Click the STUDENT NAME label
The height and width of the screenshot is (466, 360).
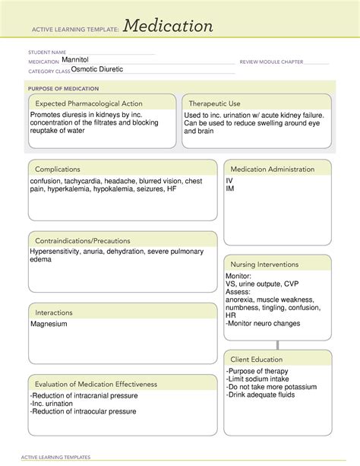(x=46, y=52)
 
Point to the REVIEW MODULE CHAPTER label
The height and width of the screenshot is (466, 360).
(x=271, y=61)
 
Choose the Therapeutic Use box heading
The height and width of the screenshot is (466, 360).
(x=214, y=103)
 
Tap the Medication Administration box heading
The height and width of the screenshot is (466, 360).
(x=273, y=169)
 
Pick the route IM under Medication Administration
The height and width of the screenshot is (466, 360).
(x=230, y=189)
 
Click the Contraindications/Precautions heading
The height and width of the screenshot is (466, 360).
(x=81, y=240)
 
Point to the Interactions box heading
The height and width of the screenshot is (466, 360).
(x=53, y=312)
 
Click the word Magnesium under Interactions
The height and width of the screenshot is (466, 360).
(x=49, y=324)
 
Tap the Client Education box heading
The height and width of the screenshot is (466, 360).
(x=257, y=359)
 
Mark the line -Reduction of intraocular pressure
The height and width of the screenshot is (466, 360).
(x=84, y=411)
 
